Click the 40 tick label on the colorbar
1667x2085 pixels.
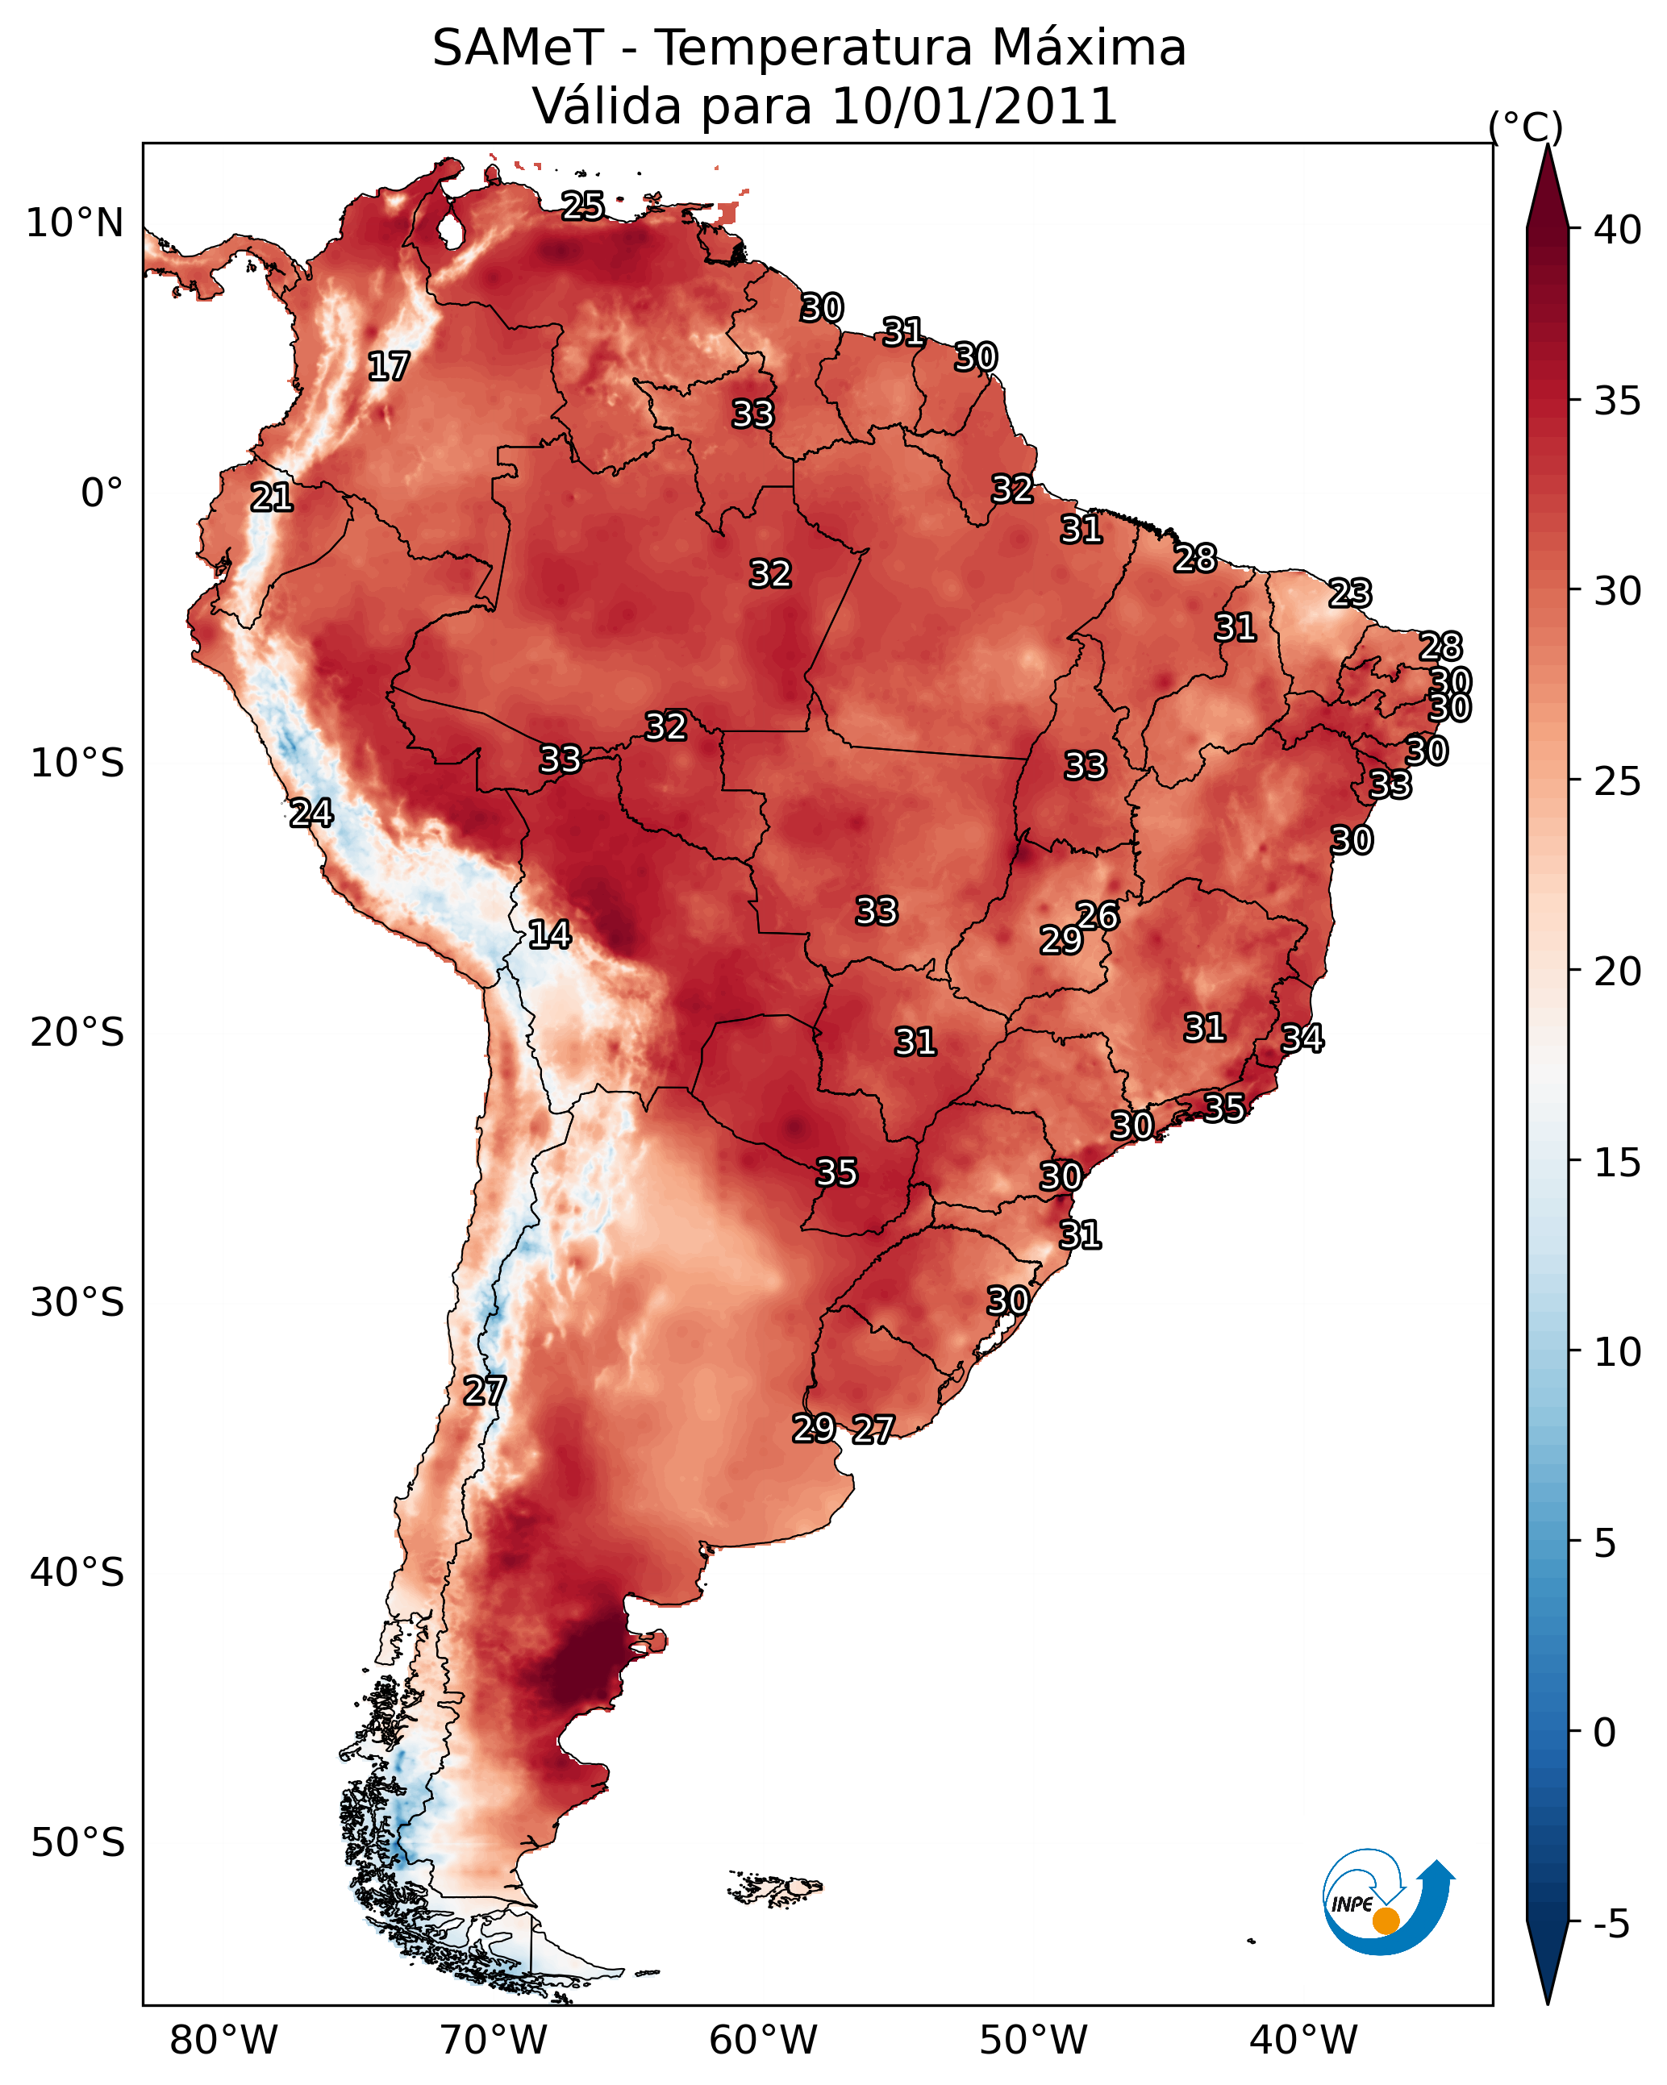[x=1618, y=230]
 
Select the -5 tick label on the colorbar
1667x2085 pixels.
[x=1612, y=1925]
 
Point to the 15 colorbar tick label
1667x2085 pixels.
[x=1618, y=1163]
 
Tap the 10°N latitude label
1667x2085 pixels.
[x=74, y=223]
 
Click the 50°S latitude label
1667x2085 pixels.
[x=77, y=1843]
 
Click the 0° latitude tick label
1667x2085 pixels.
[x=102, y=493]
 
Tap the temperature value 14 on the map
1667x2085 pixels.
[x=549, y=935]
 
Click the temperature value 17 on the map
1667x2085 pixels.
[x=389, y=367]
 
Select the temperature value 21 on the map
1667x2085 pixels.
[x=272, y=498]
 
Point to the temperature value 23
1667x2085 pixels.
[x=1350, y=593]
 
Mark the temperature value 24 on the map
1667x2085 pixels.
[x=311, y=814]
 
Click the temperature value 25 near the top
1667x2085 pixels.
[x=583, y=206]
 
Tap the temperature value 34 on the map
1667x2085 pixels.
[x=1302, y=1038]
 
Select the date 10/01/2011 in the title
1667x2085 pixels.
[x=974, y=106]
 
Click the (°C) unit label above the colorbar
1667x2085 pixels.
[x=1526, y=127]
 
